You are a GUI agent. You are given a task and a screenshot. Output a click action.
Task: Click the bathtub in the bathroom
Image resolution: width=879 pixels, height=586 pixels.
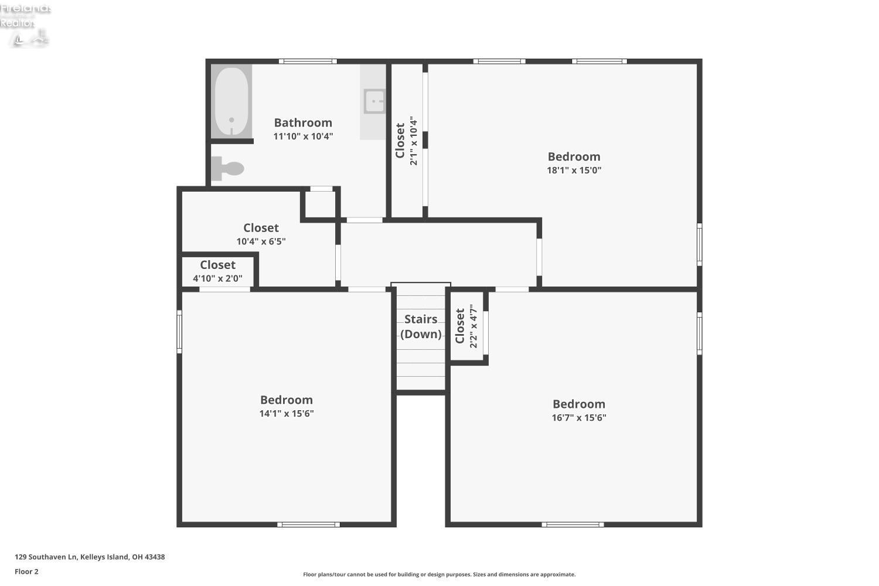point(231,101)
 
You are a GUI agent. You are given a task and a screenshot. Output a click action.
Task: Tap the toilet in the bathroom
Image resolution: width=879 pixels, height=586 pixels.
point(229,169)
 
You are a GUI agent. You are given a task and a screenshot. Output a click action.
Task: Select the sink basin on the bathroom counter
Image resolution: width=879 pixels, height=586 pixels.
point(374,101)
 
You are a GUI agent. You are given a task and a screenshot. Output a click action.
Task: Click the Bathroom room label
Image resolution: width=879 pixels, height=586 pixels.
point(303,122)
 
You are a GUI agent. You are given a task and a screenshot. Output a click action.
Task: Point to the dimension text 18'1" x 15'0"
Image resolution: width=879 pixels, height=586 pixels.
point(574,171)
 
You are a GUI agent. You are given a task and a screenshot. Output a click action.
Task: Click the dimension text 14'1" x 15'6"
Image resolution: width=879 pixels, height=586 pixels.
point(287,414)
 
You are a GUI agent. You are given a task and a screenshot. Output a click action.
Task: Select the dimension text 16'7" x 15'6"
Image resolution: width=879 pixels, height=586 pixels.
point(578,418)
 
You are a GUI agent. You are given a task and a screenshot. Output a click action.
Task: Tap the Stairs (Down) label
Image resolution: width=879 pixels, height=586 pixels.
point(421,326)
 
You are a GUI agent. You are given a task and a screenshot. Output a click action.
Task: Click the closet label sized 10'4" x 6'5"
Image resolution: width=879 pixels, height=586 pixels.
point(261,228)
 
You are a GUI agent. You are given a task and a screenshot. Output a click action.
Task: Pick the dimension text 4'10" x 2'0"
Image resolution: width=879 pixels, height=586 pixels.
point(217,278)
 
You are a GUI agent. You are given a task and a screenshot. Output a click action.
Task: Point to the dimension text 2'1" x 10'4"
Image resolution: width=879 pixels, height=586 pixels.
point(414,141)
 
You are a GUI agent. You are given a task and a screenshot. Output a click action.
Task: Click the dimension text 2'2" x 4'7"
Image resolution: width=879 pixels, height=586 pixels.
point(473,326)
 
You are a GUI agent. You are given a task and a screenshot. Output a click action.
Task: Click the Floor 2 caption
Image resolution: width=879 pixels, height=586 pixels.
point(26,572)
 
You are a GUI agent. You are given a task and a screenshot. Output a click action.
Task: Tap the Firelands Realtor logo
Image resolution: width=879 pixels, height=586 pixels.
point(26,23)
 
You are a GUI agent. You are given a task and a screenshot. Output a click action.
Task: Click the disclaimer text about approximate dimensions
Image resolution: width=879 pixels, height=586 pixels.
point(439,575)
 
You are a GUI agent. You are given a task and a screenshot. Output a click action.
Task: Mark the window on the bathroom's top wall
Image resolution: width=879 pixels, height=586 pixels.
point(308,61)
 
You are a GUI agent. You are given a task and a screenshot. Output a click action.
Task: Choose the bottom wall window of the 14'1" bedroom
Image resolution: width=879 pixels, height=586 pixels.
point(308,524)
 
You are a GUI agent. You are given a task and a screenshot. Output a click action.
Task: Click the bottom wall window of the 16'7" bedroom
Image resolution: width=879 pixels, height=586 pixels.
point(573,524)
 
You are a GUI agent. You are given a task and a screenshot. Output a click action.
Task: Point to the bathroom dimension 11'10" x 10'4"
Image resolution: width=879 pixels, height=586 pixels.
point(303,137)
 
